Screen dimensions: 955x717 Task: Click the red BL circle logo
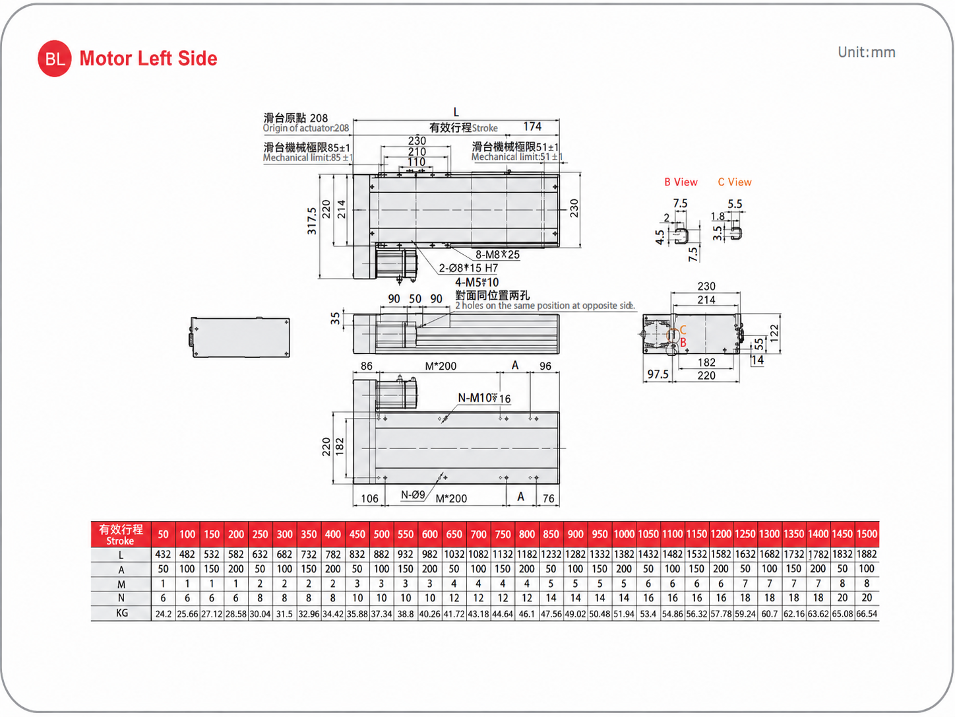pyautogui.click(x=54, y=58)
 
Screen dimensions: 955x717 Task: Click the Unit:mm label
pyautogui.click(x=866, y=52)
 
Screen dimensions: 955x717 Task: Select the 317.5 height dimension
pyautogui.click(x=312, y=221)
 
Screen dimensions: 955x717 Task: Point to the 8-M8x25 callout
pyautogui.click(x=497, y=255)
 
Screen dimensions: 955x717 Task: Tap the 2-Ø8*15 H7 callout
pyautogui.click(x=468, y=268)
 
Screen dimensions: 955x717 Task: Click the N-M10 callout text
pyautogui.click(x=484, y=398)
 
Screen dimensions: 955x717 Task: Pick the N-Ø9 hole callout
pyautogui.click(x=412, y=495)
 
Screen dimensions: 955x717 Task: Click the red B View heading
pyautogui.click(x=681, y=182)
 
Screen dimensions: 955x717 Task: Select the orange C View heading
pyautogui.click(x=735, y=182)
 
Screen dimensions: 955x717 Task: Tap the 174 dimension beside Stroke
pyautogui.click(x=532, y=126)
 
